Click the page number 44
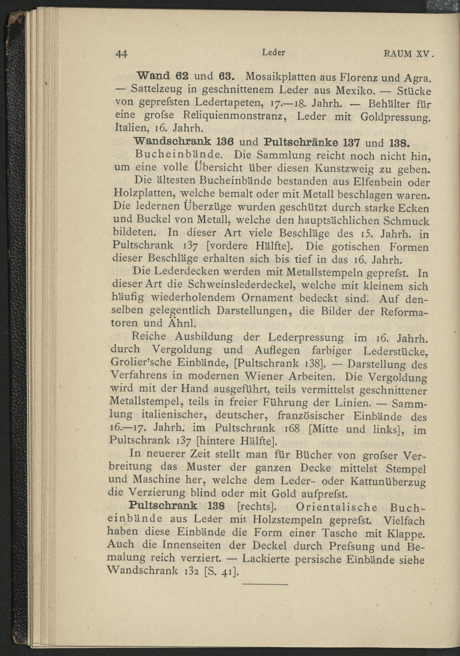[121, 54]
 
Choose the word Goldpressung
[395, 117]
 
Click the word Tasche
[339, 533]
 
